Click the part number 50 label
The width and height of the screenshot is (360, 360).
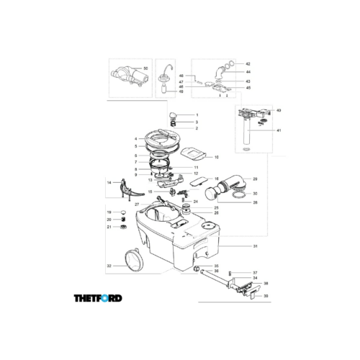pos(145,68)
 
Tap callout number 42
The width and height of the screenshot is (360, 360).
pos(248,64)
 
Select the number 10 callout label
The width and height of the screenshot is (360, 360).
pos(217,156)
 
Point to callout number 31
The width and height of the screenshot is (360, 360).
pos(255,246)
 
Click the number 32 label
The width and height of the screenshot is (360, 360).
pos(109,266)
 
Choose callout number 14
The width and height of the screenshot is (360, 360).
pos(109,184)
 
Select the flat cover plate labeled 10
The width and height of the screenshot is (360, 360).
pos(194,153)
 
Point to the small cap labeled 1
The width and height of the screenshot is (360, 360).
pos(174,116)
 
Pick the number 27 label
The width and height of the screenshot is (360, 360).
pos(136,204)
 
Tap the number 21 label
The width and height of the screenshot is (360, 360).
pos(109,227)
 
